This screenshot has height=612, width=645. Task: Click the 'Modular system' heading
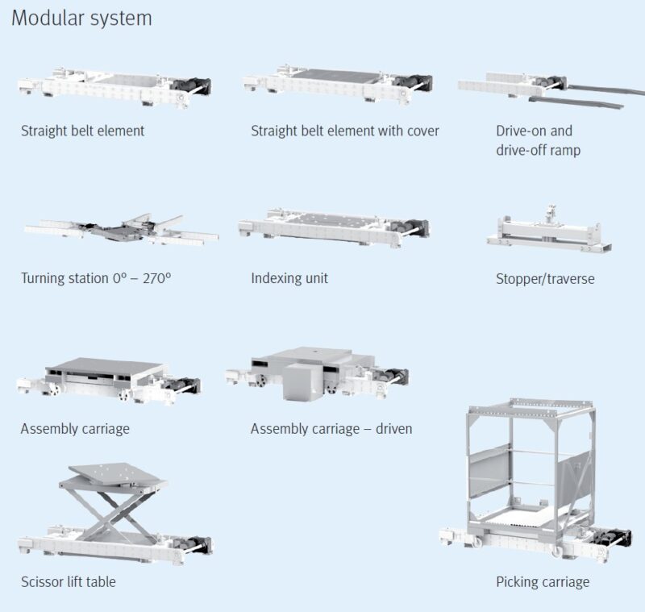coord(81,19)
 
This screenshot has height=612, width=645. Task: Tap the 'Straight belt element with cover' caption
coord(345,131)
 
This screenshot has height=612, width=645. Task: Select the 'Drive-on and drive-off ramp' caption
coord(538,140)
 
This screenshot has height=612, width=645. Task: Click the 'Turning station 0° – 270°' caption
coord(96,278)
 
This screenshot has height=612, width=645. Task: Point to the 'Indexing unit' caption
coord(289,278)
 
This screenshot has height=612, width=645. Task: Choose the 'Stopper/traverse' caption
coord(545,279)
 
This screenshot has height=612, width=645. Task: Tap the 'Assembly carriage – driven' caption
coord(331,429)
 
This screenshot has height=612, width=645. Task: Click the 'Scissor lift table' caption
coord(69,581)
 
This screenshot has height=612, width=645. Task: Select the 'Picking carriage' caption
coord(543,582)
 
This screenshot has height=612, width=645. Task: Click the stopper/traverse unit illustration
coord(549,231)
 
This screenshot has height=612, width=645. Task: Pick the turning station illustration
coord(122,231)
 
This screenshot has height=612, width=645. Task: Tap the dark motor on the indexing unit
coord(410,227)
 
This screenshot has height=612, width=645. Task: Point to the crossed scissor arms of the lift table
coord(116,513)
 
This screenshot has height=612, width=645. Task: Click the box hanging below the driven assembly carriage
coord(302,382)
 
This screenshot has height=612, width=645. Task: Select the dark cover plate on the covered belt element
coord(337,76)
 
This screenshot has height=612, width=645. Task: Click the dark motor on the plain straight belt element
coord(191,85)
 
